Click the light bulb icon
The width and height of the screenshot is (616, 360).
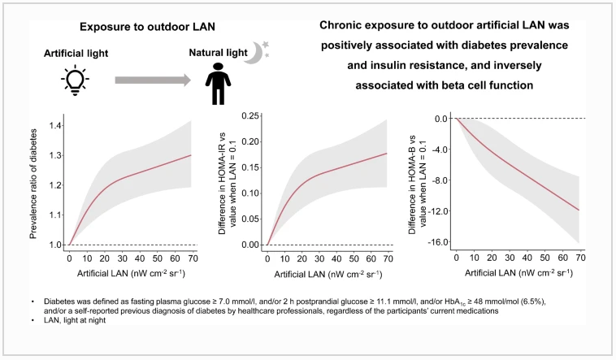point(75,80)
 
